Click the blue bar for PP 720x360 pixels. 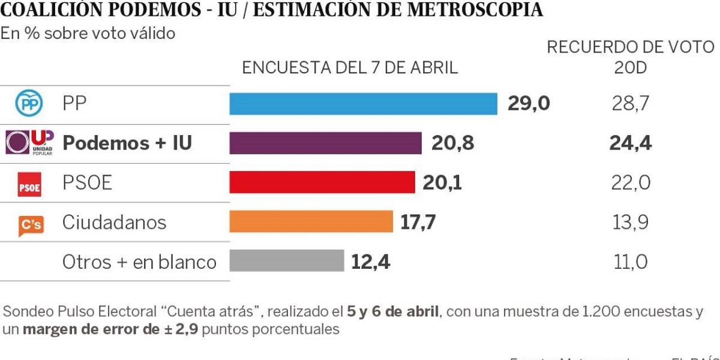[363, 104]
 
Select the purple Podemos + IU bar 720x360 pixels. [325, 143]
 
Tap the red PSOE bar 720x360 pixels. [322, 182]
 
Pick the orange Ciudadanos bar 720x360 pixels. [311, 222]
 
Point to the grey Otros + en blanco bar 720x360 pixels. [286, 262]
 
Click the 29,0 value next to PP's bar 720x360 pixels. [528, 104]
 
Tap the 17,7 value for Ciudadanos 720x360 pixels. [418, 222]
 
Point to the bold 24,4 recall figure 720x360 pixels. [630, 143]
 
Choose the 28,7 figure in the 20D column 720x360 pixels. [630, 104]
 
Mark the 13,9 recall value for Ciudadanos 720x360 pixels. [630, 222]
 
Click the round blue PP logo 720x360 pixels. [28, 104]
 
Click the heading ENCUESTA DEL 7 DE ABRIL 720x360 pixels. [349, 68]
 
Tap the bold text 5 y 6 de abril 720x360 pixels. [393, 312]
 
